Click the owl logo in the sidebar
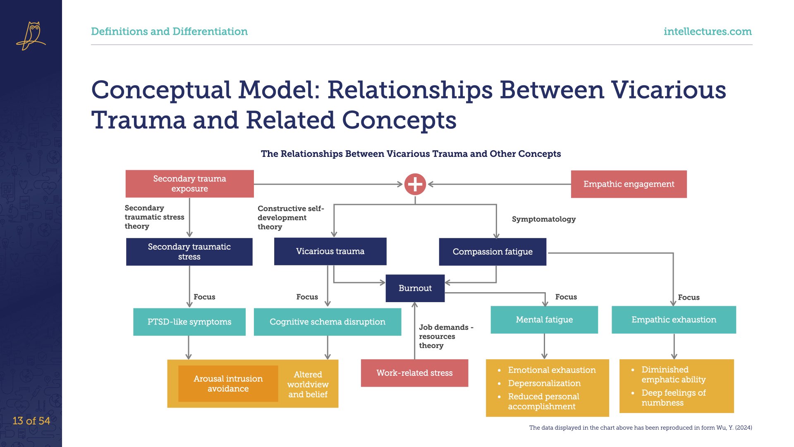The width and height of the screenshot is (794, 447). pos(31,36)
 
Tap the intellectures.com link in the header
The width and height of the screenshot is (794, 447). pos(708,31)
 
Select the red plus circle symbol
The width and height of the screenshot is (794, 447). pos(415,184)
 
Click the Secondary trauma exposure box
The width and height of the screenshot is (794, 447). pos(190,184)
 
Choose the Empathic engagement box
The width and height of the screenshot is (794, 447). pos(629,184)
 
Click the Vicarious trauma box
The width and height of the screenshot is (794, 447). pos(330,251)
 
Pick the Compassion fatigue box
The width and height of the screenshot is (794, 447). pos(493,252)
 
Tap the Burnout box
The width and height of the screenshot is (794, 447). pos(415,288)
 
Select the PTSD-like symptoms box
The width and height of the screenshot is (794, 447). pos(189,322)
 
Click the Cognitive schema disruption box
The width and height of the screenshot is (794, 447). pos(328,322)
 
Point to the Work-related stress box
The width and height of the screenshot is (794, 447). pos(414,373)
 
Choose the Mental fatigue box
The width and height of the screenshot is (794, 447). pos(544,320)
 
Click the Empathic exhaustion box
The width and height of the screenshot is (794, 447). pos(674,320)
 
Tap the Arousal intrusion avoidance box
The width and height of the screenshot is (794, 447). pos(228,384)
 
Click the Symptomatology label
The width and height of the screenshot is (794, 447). pos(544,219)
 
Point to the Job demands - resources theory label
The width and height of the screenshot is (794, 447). pos(446,336)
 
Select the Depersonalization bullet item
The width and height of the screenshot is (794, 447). pos(544,383)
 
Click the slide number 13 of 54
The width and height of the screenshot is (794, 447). pos(31,421)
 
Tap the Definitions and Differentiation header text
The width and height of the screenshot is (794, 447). pos(169,31)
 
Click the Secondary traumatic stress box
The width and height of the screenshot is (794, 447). pos(189,252)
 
